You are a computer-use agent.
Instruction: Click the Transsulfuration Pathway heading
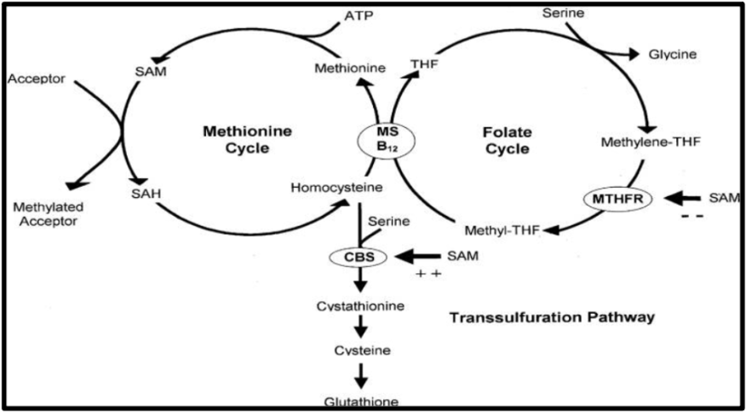pyautogui.click(x=550, y=317)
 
